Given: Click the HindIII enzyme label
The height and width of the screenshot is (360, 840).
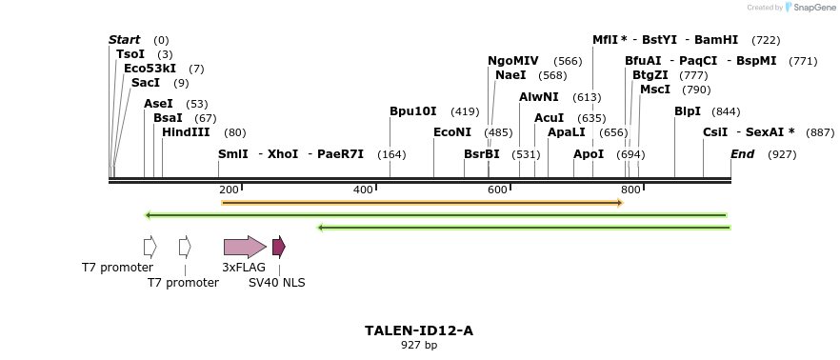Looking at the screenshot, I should coord(186,132).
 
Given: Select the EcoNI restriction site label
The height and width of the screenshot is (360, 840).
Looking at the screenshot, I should coord(452,132).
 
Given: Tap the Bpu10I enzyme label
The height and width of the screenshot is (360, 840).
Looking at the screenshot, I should coord(413,111).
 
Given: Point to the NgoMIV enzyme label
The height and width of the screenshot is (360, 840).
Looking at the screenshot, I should coord(513,61).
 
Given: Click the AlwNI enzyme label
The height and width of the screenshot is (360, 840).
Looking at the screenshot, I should coord(539,97).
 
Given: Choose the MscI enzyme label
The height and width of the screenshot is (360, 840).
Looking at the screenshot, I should coord(655,90).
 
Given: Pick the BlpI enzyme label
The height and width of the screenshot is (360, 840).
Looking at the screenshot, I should coord(688,111).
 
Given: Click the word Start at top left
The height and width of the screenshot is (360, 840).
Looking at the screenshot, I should coord(125,40).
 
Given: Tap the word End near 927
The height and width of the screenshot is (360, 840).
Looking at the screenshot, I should coord(743,154).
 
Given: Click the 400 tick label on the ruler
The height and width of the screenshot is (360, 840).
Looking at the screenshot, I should coord(363,190).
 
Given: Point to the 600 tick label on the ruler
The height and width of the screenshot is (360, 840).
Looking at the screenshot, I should coord(497,190).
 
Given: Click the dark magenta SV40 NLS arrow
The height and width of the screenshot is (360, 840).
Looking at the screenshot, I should coord(279,248).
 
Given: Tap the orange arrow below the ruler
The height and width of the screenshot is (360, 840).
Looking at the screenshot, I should coord(422,202).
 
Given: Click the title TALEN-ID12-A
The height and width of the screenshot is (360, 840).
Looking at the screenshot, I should coord(419,330).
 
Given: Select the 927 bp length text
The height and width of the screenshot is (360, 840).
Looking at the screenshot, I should coord(419,346).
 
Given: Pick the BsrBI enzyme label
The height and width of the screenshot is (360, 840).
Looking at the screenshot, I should coord(482,154).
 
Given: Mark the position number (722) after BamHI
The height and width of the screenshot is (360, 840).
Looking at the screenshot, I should coord(766,40).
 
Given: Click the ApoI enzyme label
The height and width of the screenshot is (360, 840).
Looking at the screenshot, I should coord(589,154).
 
